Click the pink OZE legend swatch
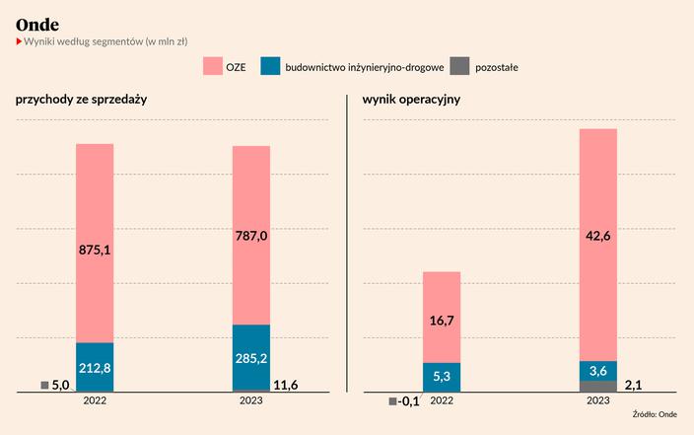coord(213,67)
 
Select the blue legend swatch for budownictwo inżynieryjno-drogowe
coord(271,67)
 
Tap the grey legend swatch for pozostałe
coord(460,67)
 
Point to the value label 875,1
coord(95,251)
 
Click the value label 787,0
coord(251,236)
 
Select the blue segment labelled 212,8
coord(95,368)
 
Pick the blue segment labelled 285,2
coord(251,358)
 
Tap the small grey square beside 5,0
coord(44,385)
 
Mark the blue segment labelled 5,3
coord(442,377)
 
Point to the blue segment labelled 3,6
coord(598,371)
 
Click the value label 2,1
coord(635,385)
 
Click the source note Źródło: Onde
coord(655,415)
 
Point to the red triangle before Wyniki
coord(18,41)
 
